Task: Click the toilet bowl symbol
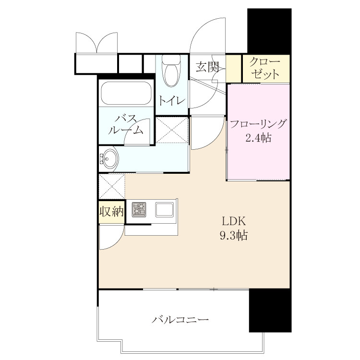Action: (x=171, y=71)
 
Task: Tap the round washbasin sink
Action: (x=109, y=158)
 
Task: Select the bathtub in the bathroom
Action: (x=126, y=93)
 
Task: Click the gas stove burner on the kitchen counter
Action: (x=139, y=209)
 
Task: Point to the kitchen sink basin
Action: (x=164, y=209)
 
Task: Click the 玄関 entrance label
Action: (x=207, y=67)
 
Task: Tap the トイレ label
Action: (x=171, y=101)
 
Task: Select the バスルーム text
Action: (x=126, y=125)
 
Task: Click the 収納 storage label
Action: (x=111, y=211)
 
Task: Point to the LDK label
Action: (x=234, y=221)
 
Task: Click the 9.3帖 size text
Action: (x=234, y=235)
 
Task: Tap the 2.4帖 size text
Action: (x=259, y=138)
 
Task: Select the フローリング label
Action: (x=258, y=124)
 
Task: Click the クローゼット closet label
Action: (x=265, y=68)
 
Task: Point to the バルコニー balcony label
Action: (x=180, y=320)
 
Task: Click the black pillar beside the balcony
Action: (x=270, y=310)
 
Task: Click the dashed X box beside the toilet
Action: (x=172, y=130)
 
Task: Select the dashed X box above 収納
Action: (x=112, y=186)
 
